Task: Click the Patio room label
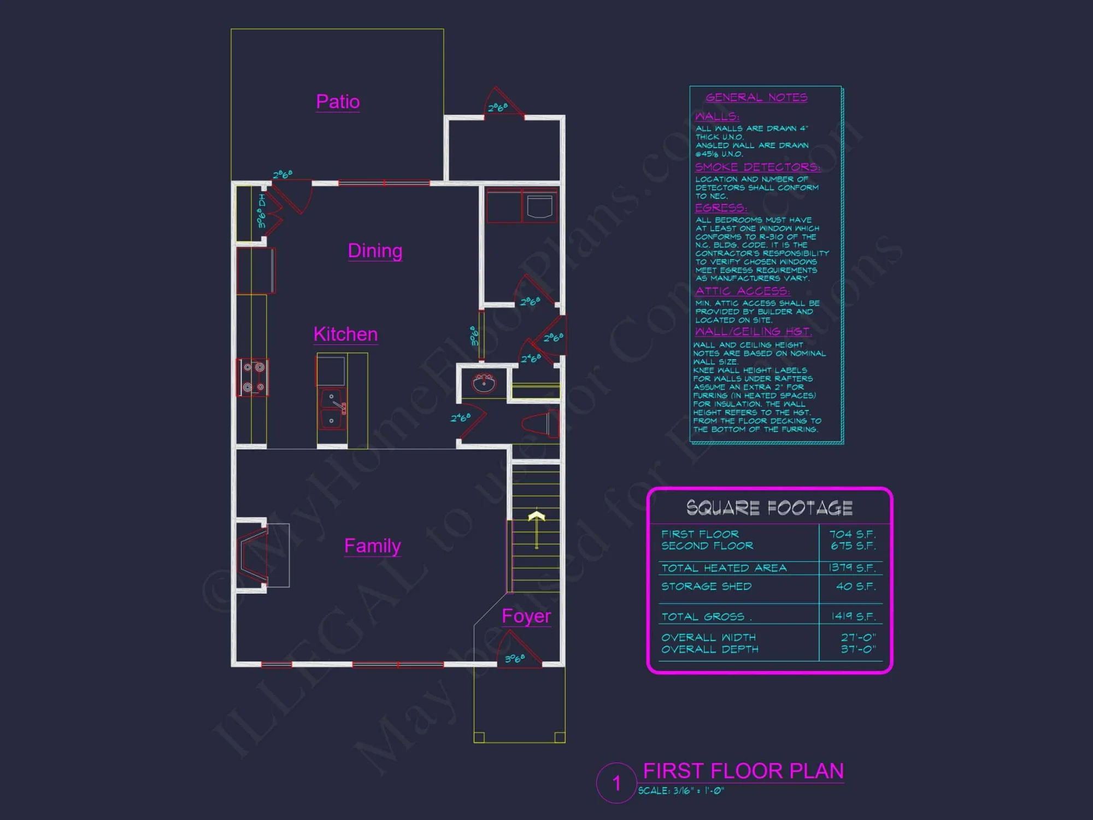tap(338, 102)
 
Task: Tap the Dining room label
tap(375, 251)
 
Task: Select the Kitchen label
tap(345, 334)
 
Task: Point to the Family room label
tap(372, 546)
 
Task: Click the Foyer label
tap(526, 616)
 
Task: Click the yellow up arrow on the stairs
tap(537, 528)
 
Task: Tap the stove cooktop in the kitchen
tap(252, 377)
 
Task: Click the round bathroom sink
tap(484, 383)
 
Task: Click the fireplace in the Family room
tap(253, 555)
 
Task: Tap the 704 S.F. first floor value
tap(852, 534)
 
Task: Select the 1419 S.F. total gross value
tap(853, 616)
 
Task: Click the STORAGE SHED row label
tap(706, 587)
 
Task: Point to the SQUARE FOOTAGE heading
tap(769, 508)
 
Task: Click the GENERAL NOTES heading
tap(756, 97)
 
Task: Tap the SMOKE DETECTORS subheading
tap(757, 167)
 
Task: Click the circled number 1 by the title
tap(616, 783)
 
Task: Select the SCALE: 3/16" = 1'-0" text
tap(681, 790)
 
